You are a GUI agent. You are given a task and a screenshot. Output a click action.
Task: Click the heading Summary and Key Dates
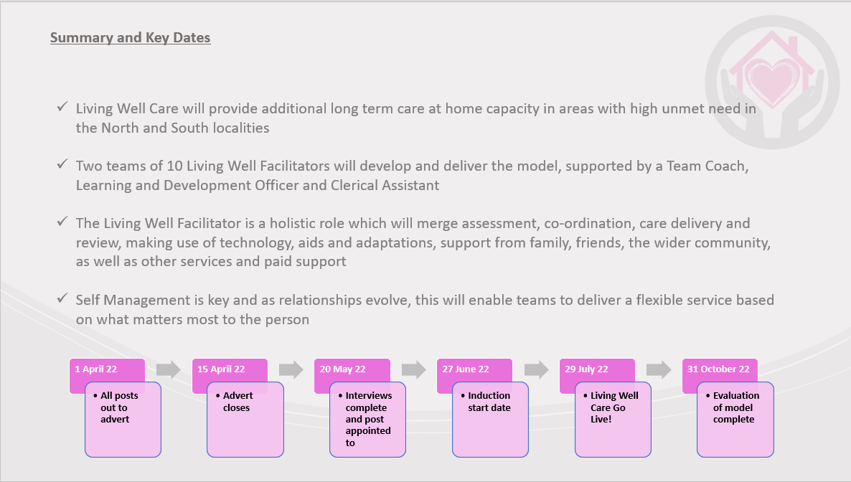point(131,37)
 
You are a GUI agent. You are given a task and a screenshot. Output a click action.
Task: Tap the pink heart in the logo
point(772,82)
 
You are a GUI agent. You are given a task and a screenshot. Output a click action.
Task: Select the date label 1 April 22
point(96,369)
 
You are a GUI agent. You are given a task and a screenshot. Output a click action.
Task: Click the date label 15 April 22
point(221,369)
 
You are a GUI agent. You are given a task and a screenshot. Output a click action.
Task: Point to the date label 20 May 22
point(342,369)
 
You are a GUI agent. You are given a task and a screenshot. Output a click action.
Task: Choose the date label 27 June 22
point(466,369)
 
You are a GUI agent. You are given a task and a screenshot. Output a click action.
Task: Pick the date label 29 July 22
point(586,369)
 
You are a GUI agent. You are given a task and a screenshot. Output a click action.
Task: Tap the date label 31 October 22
point(718,369)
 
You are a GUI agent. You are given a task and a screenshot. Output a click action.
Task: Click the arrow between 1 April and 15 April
point(168,369)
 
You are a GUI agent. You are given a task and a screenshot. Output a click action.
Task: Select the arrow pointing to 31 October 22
point(659,369)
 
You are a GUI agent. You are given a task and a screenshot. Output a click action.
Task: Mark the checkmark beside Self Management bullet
point(62,298)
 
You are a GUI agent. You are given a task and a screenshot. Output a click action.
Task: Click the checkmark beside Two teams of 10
point(62,164)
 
